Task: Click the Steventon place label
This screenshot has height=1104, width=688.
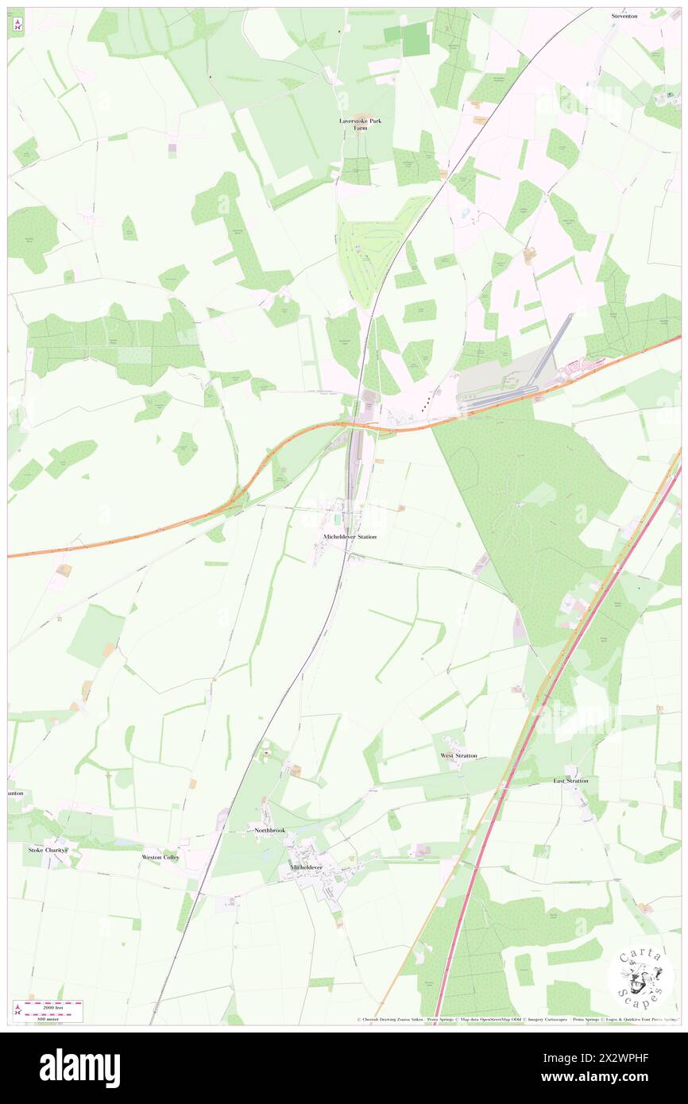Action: pyautogui.click(x=624, y=16)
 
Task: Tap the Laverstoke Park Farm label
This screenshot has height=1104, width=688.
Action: pyautogui.click(x=355, y=124)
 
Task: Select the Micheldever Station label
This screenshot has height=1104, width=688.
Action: pyautogui.click(x=350, y=537)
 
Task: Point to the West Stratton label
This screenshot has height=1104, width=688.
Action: pyautogui.click(x=458, y=755)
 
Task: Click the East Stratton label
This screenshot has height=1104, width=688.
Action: pyautogui.click(x=570, y=781)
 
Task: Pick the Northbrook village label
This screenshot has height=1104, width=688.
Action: pyautogui.click(x=269, y=830)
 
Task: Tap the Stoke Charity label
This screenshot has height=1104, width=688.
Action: pyautogui.click(x=48, y=850)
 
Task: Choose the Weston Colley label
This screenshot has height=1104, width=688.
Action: pyautogui.click(x=160, y=858)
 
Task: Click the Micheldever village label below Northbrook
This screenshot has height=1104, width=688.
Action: pyautogui.click(x=306, y=867)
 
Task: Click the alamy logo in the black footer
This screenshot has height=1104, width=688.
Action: pyautogui.click(x=80, y=1068)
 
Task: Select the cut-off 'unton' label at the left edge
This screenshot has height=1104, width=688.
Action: pyautogui.click(x=16, y=793)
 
